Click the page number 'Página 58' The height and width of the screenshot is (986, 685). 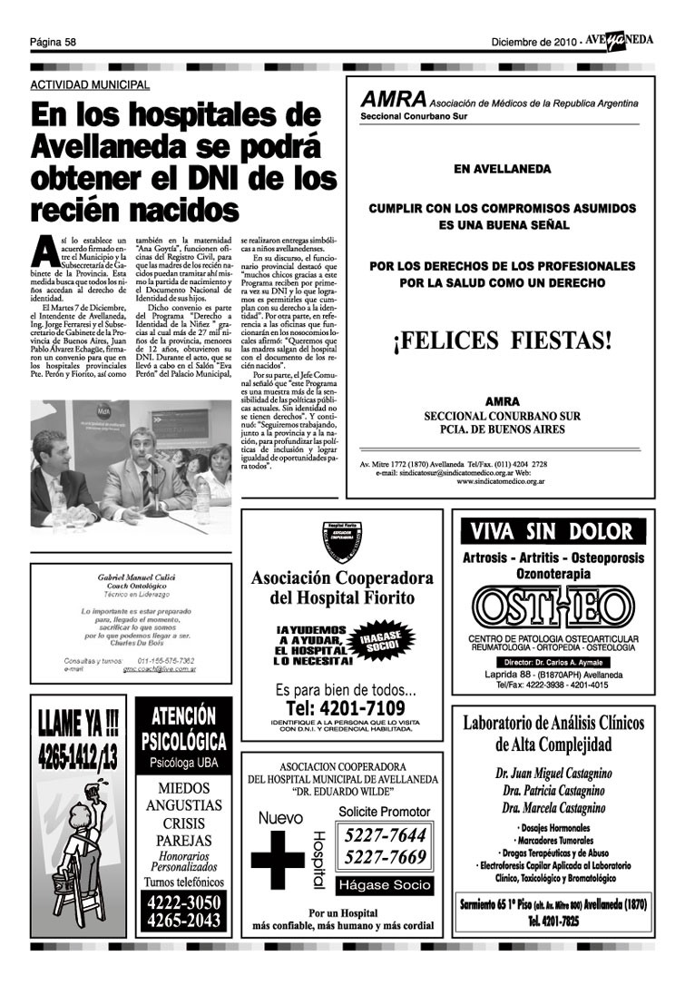point(53,42)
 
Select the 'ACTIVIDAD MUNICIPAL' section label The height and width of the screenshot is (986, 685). point(90,84)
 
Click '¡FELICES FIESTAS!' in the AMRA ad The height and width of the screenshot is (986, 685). point(502,342)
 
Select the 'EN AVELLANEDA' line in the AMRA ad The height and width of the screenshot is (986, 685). point(501,168)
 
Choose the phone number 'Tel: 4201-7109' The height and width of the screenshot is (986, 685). point(345,707)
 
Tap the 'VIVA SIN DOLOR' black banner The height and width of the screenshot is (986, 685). point(553,531)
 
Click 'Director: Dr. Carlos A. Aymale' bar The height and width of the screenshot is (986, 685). point(552,662)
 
